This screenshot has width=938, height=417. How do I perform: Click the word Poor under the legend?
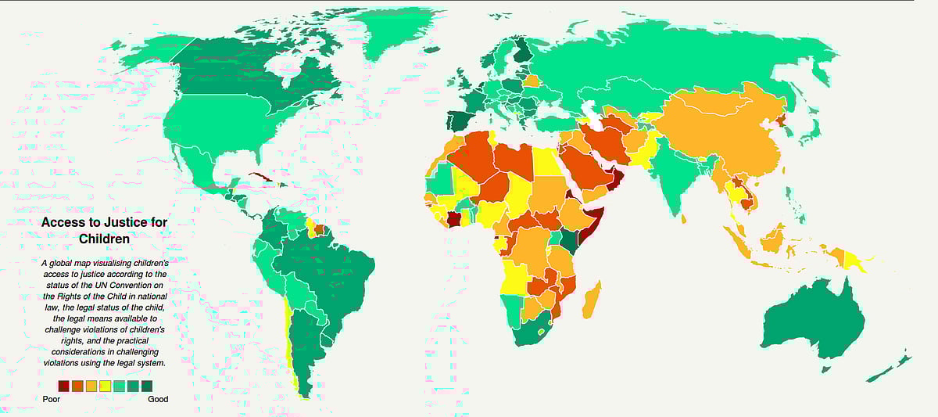[52, 399]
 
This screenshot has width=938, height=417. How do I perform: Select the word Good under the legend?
[158, 399]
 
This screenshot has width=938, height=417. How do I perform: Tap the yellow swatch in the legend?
[106, 385]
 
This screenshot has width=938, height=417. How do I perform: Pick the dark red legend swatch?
[63, 385]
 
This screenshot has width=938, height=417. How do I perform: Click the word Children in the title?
[104, 239]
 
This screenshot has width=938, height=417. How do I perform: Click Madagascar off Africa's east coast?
[592, 300]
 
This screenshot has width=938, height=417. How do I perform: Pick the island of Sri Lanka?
[685, 218]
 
